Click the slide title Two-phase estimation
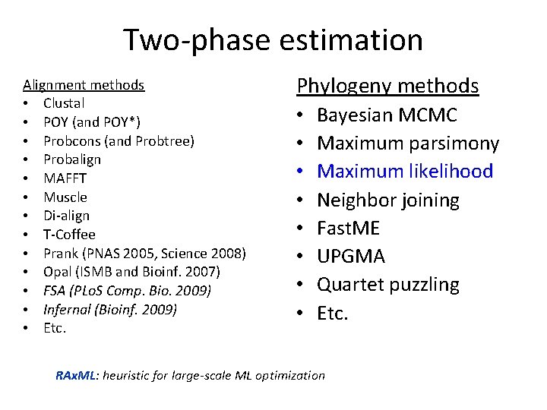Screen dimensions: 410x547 (x=273, y=40)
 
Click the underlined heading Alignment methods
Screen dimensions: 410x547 (x=84, y=84)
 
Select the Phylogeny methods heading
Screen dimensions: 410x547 (x=387, y=86)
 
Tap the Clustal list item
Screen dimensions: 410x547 (x=64, y=103)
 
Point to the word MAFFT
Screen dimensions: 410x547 (x=65, y=178)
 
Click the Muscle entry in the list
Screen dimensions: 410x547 (x=65, y=197)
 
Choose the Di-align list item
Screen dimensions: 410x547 (x=66, y=216)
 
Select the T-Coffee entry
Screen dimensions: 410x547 (x=69, y=235)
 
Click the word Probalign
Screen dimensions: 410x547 (x=72, y=159)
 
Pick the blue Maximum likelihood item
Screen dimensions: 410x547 (x=405, y=172)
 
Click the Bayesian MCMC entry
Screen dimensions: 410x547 (x=387, y=115)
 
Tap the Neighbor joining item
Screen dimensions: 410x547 (x=387, y=200)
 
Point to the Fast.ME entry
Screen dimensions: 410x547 (x=348, y=229)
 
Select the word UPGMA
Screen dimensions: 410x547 (x=351, y=257)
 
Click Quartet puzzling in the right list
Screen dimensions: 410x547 (x=387, y=285)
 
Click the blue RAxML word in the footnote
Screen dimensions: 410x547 (x=77, y=375)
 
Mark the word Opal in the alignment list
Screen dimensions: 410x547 (x=57, y=272)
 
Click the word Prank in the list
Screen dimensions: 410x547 (x=59, y=253)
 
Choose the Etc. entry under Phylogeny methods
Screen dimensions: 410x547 (x=333, y=313)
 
